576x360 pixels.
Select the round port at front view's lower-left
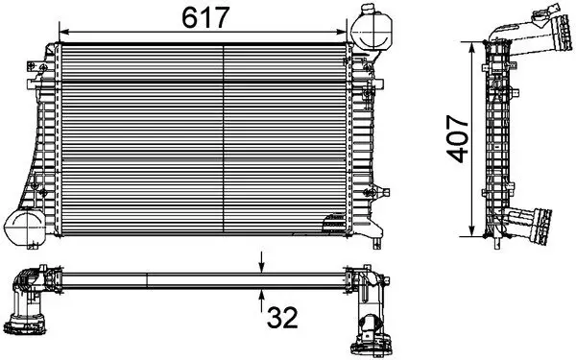coord(22,227)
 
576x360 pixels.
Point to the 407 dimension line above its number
coord(470,82)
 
